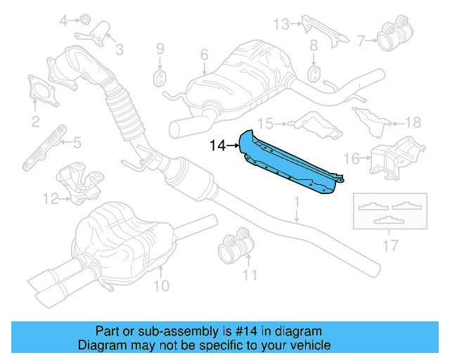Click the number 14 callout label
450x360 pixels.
click(217, 146)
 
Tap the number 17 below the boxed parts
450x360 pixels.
click(390, 246)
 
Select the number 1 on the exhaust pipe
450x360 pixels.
click(296, 203)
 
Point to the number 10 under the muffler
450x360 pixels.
click(161, 285)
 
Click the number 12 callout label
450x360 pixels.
click(49, 199)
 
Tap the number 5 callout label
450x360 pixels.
click(77, 143)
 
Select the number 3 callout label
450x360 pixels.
click(119, 49)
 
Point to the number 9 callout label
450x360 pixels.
click(160, 49)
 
